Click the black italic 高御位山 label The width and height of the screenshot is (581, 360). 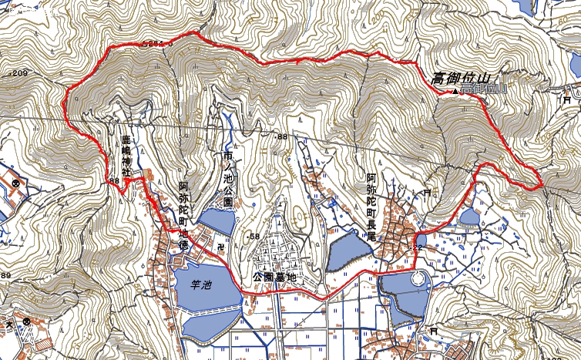coord(460,78)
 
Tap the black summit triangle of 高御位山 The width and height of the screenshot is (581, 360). coord(455,92)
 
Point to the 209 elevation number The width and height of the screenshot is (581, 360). coord(18,73)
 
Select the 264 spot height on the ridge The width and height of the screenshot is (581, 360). coord(155,43)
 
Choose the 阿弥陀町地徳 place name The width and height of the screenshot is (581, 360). coord(183,215)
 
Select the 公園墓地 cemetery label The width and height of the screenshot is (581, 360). coord(274,276)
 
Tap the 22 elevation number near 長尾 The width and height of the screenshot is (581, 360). coord(418,247)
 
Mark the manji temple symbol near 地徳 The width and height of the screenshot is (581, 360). coord(220,246)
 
